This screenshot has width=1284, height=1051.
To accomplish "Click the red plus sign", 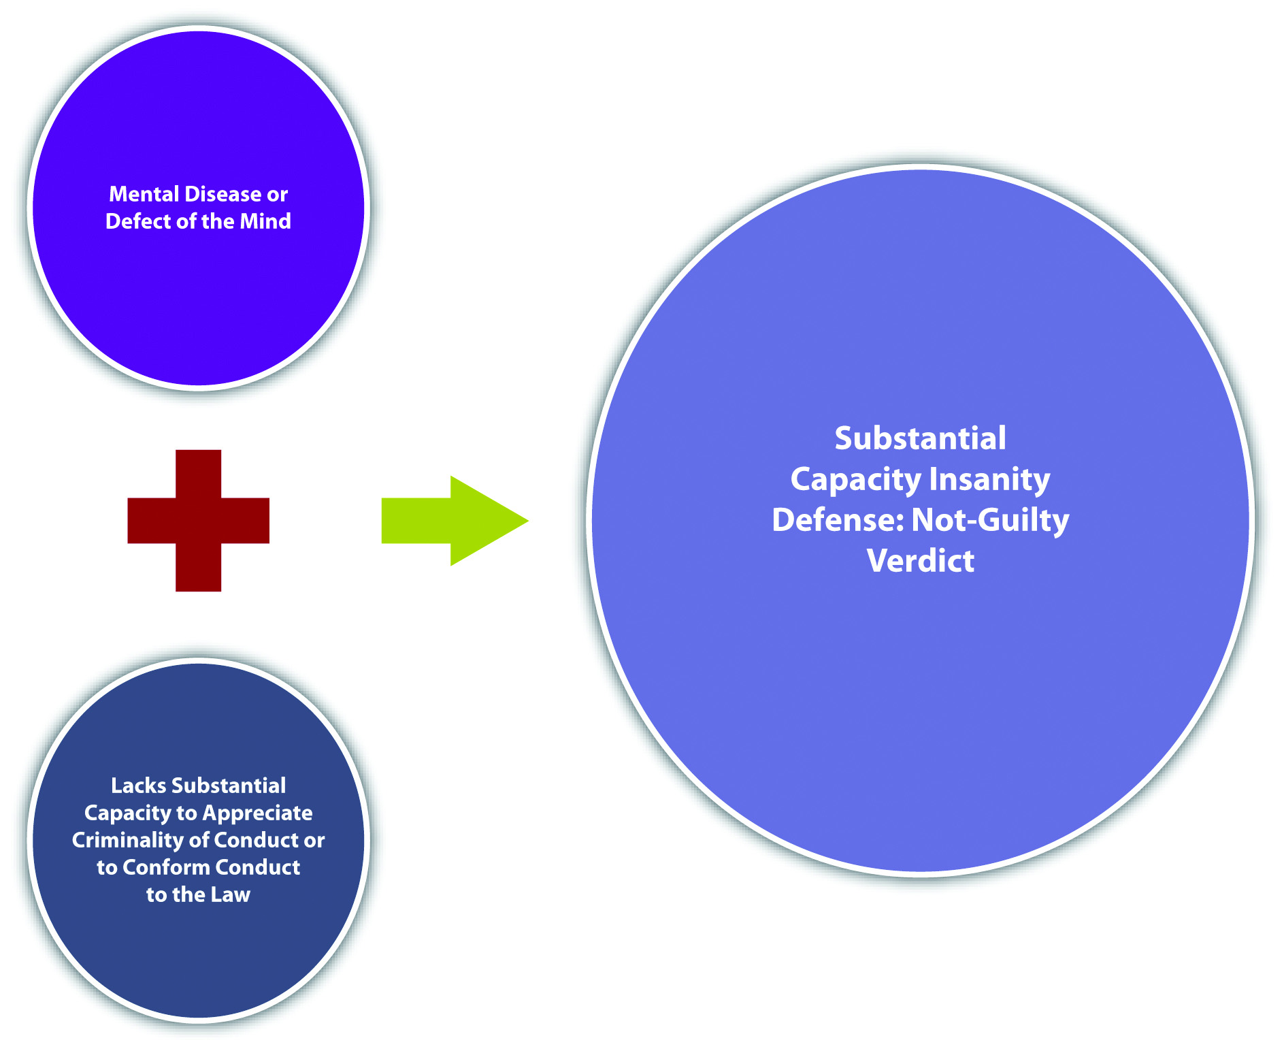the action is coord(198,521).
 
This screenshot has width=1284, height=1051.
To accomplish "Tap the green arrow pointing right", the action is coord(455,521).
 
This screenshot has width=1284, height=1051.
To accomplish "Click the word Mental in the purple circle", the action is coord(144,195).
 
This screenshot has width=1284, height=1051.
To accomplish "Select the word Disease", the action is coord(223,195).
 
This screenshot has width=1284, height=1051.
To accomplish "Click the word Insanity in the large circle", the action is coord(989,480).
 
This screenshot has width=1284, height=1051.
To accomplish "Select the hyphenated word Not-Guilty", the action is coord(990,521).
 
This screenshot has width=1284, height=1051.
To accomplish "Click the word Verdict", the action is coord(921,561).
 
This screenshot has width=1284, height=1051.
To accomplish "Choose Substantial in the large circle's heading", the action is coord(920,438).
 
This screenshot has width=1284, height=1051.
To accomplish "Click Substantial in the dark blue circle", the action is coord(229,786).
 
